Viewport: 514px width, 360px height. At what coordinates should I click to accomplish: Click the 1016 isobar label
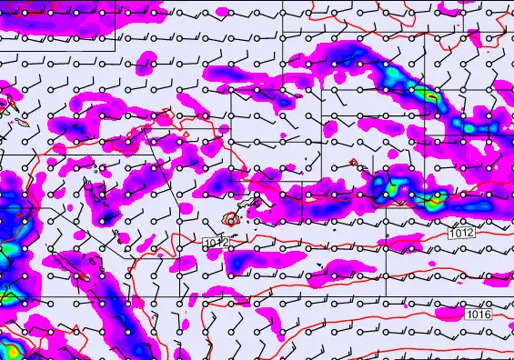479,315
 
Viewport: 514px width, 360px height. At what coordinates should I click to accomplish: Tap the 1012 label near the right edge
461,235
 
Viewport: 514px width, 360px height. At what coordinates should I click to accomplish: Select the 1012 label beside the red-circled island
216,243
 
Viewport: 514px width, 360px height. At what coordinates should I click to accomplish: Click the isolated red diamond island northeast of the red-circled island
353,163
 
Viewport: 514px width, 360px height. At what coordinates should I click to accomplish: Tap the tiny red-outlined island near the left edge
18,118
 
